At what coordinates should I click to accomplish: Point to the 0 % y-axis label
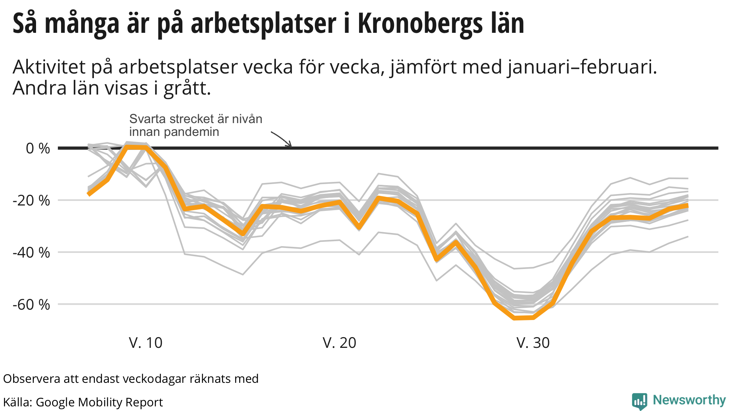(x=38, y=148)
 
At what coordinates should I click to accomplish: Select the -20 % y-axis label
(x=31, y=201)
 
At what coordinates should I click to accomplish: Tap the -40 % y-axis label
(x=31, y=253)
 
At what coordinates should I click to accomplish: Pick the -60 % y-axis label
(x=31, y=305)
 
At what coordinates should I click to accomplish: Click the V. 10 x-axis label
(x=146, y=343)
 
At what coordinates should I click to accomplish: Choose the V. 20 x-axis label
(x=339, y=343)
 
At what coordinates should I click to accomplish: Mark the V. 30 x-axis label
(x=533, y=343)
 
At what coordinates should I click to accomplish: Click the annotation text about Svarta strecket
(x=196, y=125)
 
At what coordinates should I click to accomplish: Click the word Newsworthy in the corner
(x=689, y=400)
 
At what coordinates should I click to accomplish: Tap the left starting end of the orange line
(x=89, y=194)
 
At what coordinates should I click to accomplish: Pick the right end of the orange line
(x=687, y=205)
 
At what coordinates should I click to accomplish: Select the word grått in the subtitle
(x=187, y=88)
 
